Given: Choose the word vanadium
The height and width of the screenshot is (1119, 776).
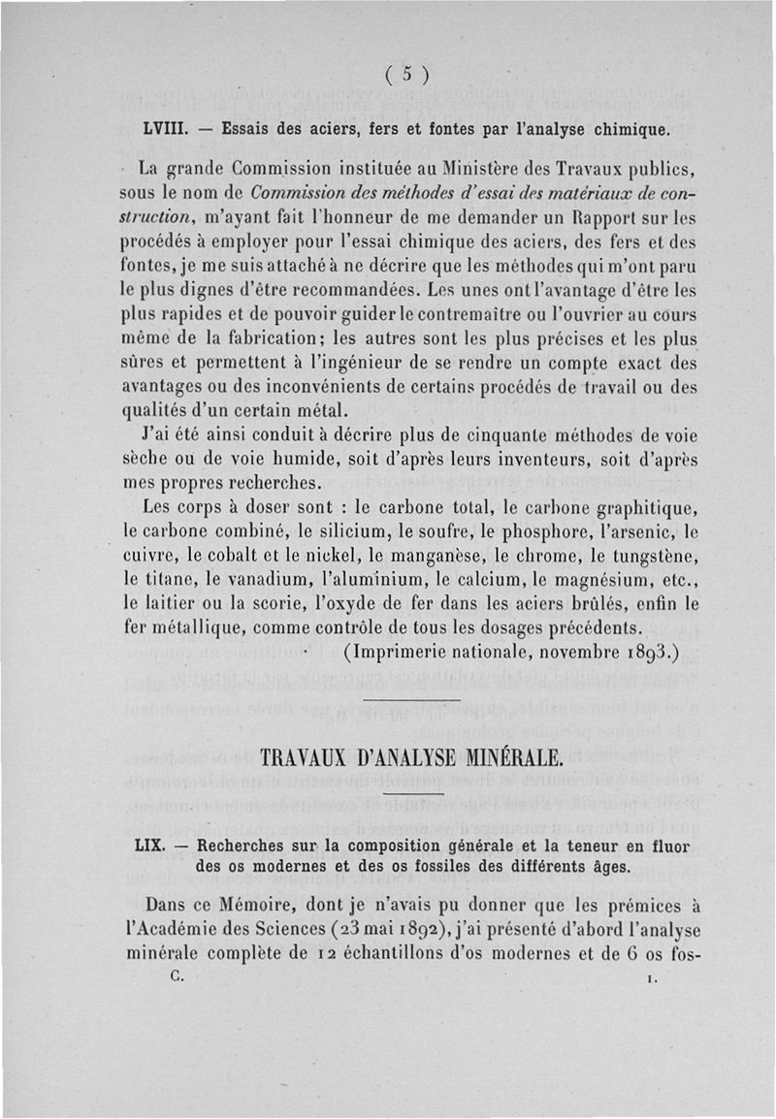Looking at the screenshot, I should (x=257, y=580).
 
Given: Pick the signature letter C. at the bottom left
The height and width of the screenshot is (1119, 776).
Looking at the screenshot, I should (x=176, y=977).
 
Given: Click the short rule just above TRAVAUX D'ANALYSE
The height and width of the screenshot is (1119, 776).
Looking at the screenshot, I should (x=415, y=697).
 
